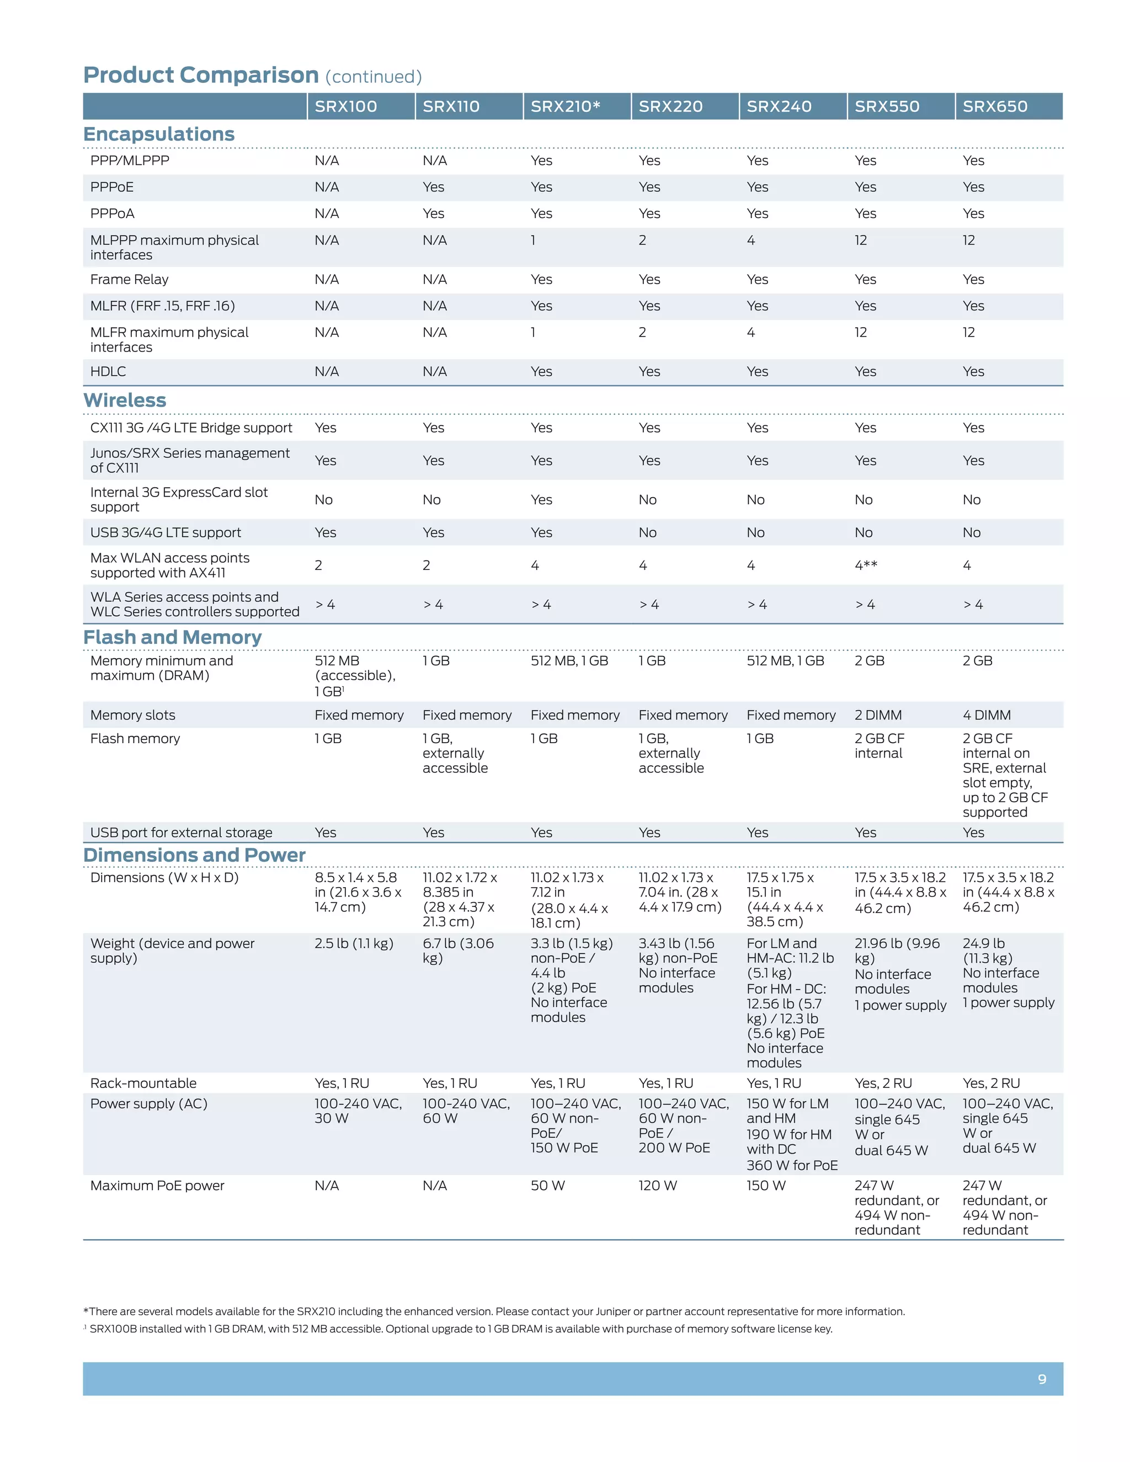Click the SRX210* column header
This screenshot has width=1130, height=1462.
(565, 106)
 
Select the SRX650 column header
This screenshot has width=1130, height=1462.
(995, 106)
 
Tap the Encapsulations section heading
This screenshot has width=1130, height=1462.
(159, 134)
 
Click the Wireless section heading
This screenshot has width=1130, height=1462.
(125, 401)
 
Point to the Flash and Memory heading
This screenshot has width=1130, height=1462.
(172, 637)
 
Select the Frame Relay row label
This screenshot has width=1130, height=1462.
(129, 279)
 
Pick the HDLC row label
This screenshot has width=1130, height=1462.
(108, 371)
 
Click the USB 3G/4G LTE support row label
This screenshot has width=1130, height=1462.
(166, 533)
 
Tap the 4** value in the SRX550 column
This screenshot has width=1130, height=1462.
(866, 565)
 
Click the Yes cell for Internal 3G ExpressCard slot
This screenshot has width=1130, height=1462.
(541, 500)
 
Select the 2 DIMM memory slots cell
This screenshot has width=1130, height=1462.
(878, 715)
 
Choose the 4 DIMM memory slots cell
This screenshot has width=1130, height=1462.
(986, 715)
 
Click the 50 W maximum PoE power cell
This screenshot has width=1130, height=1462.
(547, 1186)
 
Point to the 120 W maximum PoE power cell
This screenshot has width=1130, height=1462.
(657, 1186)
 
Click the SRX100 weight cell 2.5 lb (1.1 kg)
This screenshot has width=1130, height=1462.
(354, 943)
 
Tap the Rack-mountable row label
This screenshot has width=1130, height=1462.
(143, 1083)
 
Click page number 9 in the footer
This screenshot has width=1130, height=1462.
(1042, 1379)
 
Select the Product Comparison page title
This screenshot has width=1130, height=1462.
(201, 75)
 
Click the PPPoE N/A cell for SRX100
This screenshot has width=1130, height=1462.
(327, 188)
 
